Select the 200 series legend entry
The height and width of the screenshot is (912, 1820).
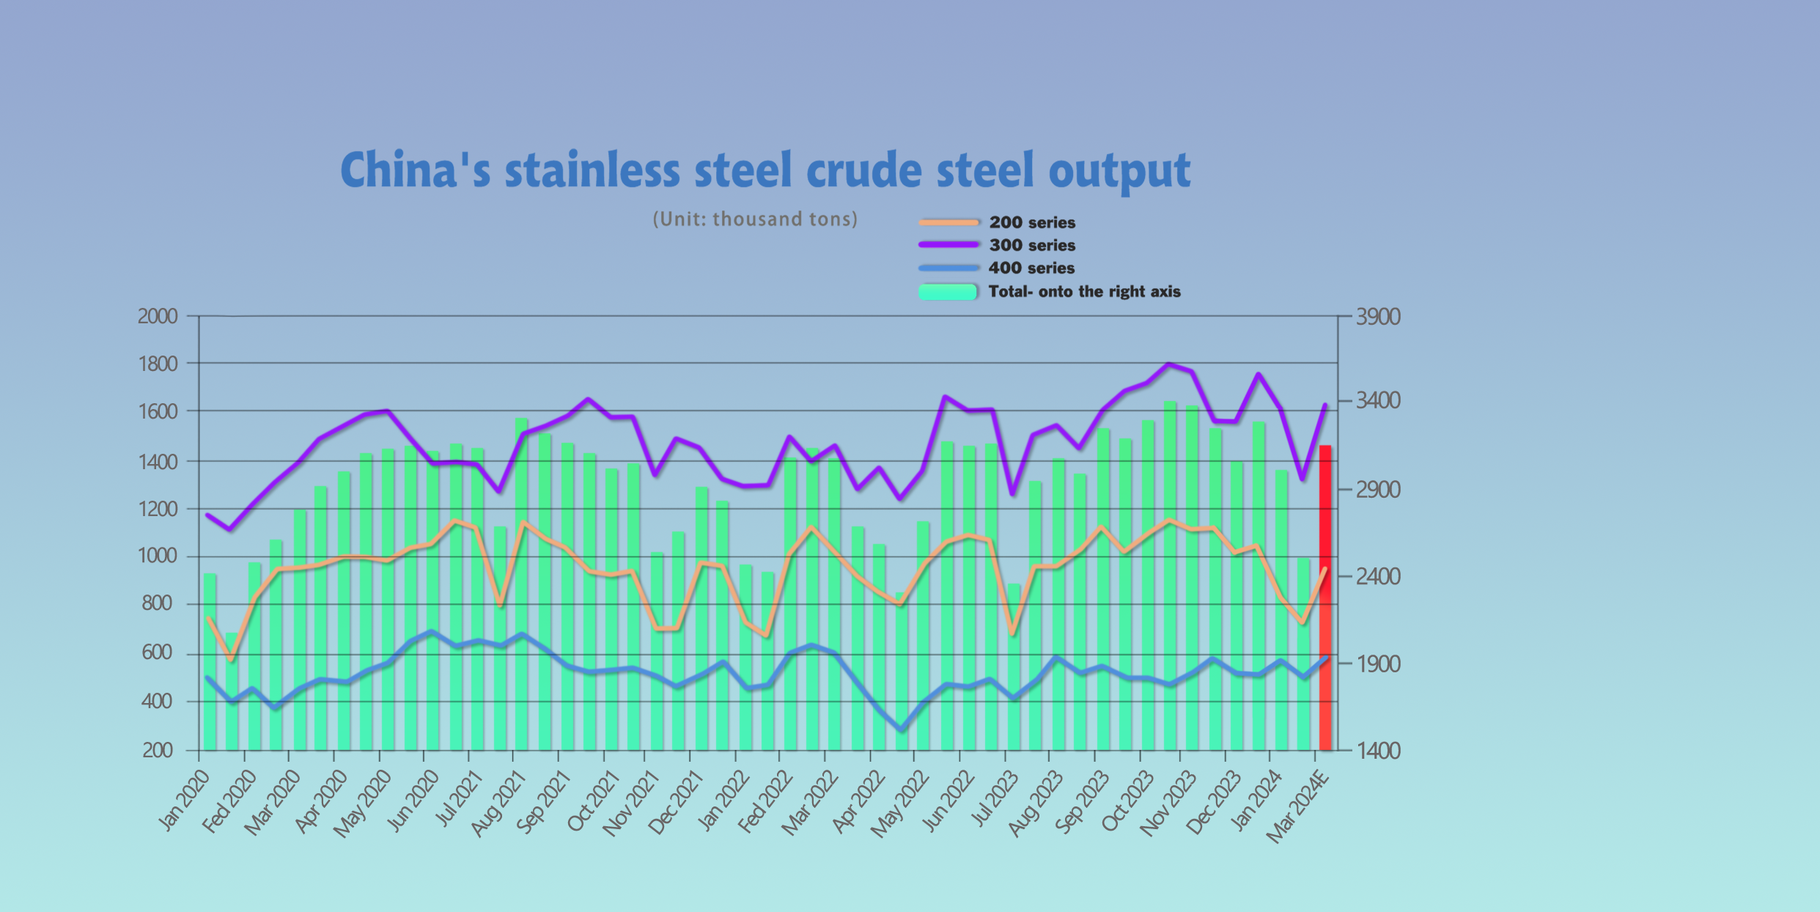1031,222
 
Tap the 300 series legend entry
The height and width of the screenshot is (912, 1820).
1031,245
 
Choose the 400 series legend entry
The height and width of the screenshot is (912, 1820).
1031,268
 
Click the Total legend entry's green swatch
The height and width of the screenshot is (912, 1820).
948,292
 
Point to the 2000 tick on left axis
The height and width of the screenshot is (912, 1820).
158,316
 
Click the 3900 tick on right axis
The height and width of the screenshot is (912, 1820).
1377,317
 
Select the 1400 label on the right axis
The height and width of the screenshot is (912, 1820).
1377,750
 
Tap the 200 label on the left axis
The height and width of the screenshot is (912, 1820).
158,750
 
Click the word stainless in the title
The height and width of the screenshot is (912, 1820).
592,170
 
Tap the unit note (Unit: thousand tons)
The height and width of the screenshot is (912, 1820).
755,219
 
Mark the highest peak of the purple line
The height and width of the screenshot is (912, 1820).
1169,364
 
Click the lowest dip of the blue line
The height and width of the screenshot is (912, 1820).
902,729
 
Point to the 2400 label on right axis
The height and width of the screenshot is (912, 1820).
1377,576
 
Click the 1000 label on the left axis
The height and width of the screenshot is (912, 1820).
158,556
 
